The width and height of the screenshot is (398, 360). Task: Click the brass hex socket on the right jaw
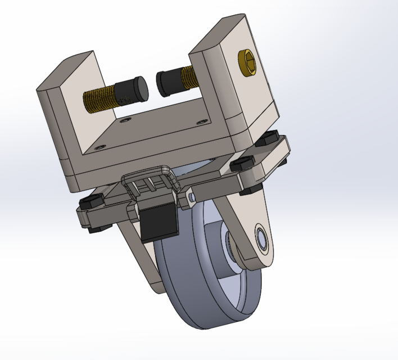click(x=247, y=63)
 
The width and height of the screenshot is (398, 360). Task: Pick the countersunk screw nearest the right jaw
click(x=200, y=120)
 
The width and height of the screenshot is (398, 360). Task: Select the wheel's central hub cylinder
click(x=222, y=247)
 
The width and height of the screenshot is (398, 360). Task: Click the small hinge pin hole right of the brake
click(x=192, y=197)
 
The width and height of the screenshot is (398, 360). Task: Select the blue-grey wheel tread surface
click(x=186, y=298)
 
